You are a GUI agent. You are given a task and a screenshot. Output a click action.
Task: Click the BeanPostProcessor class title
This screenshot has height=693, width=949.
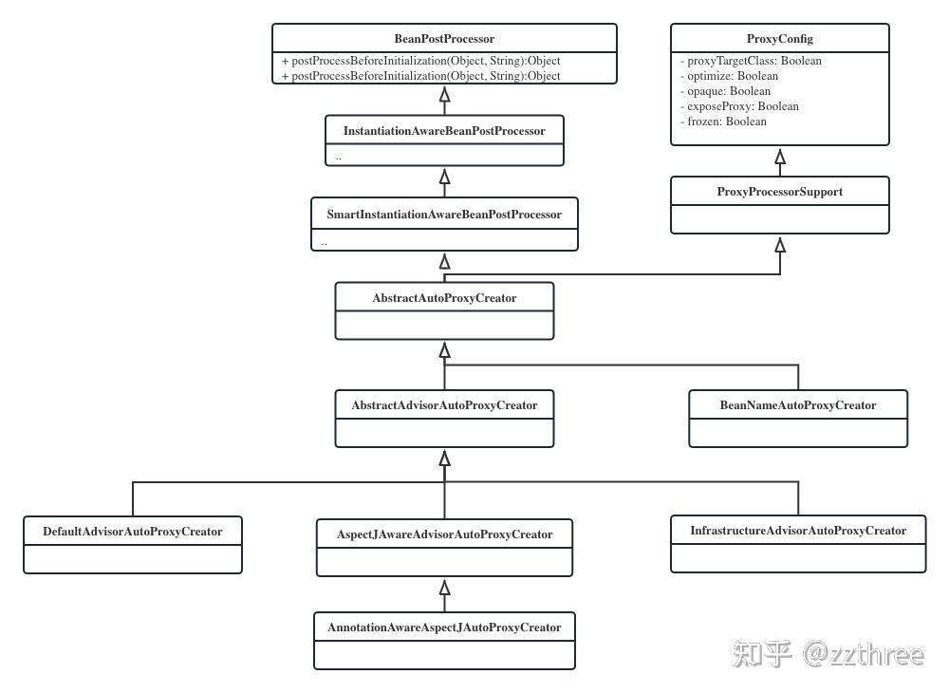[x=444, y=39]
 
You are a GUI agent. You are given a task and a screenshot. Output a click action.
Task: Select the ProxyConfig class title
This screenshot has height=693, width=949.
[x=779, y=39]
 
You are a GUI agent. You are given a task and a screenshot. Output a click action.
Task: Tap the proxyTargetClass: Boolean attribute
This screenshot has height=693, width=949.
[x=751, y=61]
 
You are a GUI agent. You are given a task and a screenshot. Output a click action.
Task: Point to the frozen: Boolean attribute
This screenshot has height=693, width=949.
[x=723, y=122]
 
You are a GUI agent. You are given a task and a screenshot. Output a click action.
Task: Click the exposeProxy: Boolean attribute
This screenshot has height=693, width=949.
[x=739, y=106]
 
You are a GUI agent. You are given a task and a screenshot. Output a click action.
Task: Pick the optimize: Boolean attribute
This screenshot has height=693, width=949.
[x=729, y=76]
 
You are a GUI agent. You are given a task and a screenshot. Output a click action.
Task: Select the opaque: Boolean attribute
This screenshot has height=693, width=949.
[x=725, y=91]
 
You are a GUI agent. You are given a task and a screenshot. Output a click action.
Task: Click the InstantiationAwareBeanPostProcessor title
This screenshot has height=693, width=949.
[x=444, y=131]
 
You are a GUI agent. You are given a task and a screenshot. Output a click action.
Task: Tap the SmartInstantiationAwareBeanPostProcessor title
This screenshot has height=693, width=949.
[x=444, y=215]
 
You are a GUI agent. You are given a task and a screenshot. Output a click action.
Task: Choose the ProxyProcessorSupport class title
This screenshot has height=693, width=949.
[x=779, y=192]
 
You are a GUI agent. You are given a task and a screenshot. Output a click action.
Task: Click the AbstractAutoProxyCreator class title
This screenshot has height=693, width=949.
[x=444, y=298]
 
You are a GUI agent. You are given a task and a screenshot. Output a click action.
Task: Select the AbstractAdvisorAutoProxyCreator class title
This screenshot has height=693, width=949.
[x=444, y=405]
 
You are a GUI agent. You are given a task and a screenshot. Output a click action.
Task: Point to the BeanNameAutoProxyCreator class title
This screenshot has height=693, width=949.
[x=797, y=405]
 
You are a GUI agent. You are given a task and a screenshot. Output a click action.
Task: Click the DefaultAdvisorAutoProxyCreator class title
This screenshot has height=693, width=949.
[x=133, y=532]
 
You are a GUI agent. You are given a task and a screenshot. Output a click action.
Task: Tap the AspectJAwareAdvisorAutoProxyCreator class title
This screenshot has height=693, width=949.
[x=444, y=534]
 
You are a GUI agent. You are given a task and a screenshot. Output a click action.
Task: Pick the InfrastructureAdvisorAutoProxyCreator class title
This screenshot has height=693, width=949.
[x=797, y=531]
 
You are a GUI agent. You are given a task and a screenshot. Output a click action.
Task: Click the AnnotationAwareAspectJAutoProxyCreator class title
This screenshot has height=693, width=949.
[x=444, y=627]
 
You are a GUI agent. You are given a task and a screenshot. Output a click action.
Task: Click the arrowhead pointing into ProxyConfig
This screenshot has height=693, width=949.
[x=780, y=155]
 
